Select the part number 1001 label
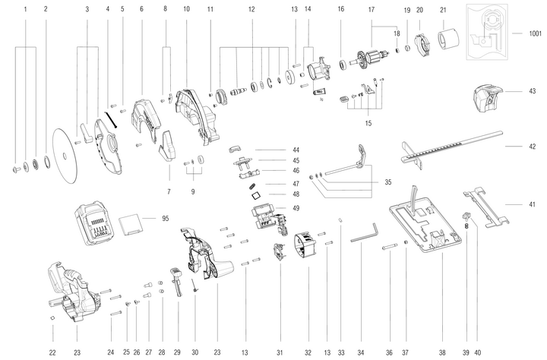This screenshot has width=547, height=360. click(536, 34)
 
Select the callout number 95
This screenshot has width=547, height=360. click(165, 219)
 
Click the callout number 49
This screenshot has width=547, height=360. click(296, 208)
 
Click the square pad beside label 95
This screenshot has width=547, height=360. click(133, 224)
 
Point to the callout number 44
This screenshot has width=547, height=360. click(296, 150)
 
